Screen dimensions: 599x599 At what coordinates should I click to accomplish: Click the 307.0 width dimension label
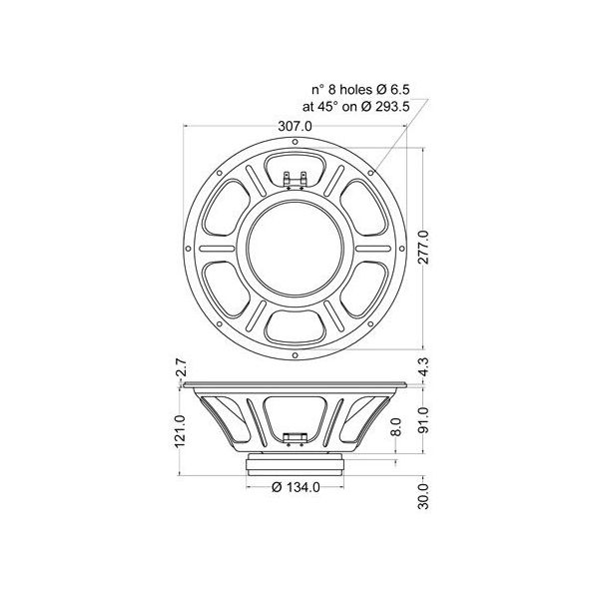(x=297, y=127)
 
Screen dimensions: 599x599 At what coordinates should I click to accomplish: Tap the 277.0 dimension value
(x=423, y=247)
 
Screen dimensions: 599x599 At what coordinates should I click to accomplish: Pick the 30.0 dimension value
(x=423, y=496)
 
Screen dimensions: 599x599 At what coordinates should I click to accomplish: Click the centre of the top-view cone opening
(x=297, y=247)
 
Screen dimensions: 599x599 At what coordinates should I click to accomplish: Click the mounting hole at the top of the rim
(x=297, y=139)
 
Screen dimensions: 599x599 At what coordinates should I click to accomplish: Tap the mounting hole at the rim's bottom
(x=297, y=354)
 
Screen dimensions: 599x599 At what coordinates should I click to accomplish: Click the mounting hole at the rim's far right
(x=404, y=247)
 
